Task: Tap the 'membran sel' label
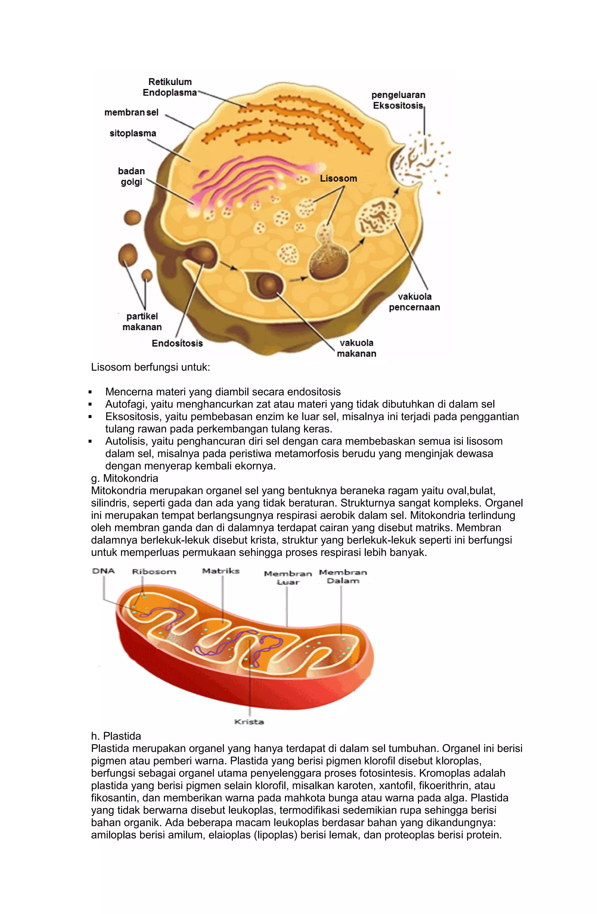click(131, 113)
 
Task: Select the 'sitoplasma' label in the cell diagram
click(133, 133)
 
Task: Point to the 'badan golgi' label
click(131, 176)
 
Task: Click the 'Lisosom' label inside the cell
click(338, 178)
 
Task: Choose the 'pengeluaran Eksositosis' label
click(398, 100)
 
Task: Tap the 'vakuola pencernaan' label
click(414, 302)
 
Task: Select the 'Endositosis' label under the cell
click(177, 343)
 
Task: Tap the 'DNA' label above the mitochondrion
click(103, 571)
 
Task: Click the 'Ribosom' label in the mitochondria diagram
click(154, 571)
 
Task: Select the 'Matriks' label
click(221, 571)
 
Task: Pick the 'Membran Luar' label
click(288, 578)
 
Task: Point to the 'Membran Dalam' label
click(343, 576)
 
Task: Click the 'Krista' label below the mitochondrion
click(249, 722)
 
